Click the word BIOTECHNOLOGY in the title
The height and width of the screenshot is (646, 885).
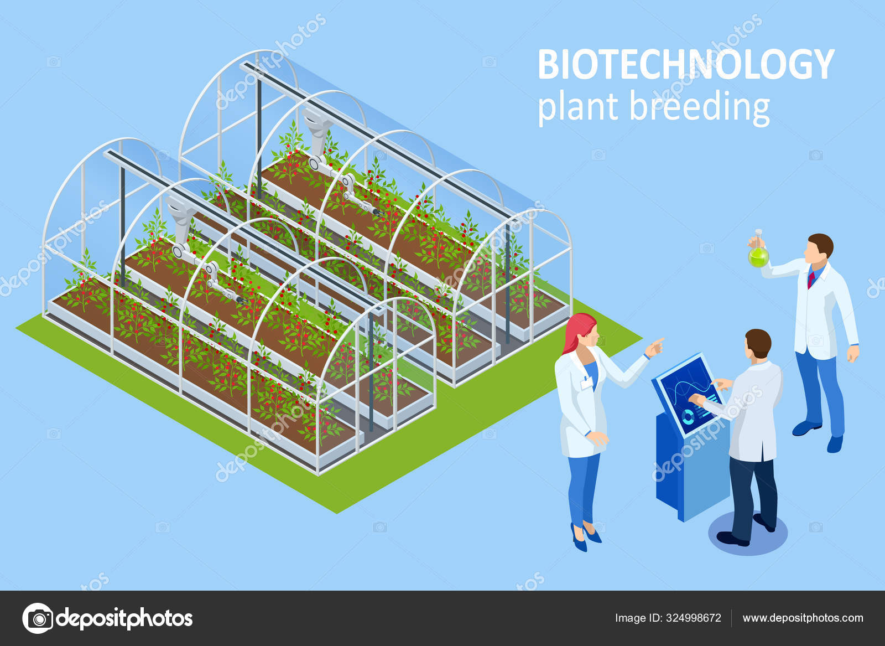pyautogui.click(x=686, y=64)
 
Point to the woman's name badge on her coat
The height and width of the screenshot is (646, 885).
pyautogui.click(x=586, y=383)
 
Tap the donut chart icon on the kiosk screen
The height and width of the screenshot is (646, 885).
pyautogui.click(x=688, y=416)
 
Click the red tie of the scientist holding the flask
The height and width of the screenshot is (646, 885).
pyautogui.click(x=811, y=278)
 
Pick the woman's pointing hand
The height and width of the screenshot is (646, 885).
pyautogui.click(x=654, y=347)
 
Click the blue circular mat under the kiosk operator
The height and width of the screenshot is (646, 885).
pyautogui.click(x=747, y=533)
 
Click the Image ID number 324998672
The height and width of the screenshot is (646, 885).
pyautogui.click(x=694, y=618)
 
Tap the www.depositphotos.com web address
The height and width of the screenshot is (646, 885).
pyautogui.click(x=803, y=618)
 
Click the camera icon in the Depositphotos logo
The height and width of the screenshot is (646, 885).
pyautogui.click(x=38, y=618)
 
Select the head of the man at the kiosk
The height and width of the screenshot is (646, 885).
pyautogui.click(x=758, y=343)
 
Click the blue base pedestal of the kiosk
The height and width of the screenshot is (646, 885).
pyautogui.click(x=692, y=467)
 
